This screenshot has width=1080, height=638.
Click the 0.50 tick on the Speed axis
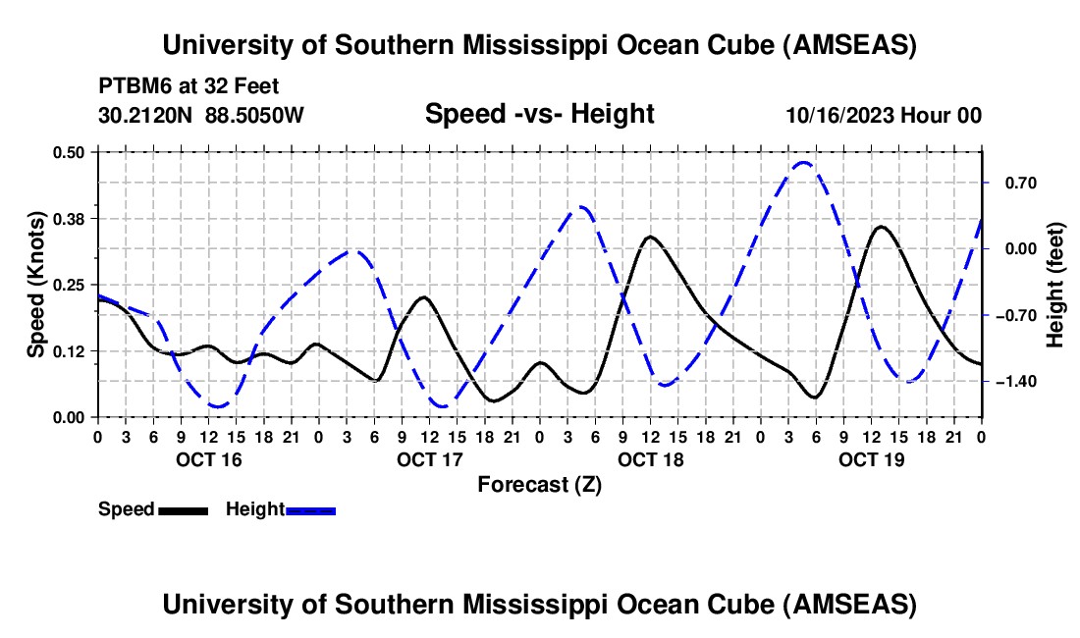click(75, 152)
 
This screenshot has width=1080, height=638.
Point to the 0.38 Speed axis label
click(75, 218)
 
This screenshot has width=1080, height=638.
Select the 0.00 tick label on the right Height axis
click(1010, 249)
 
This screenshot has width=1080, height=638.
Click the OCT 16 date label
click(208, 459)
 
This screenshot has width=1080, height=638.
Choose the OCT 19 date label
click(872, 459)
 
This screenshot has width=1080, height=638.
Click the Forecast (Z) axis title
click(539, 485)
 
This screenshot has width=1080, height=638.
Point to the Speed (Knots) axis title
click(36, 285)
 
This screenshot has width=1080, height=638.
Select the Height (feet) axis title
click(1054, 285)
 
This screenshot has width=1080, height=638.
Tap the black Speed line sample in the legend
click(183, 510)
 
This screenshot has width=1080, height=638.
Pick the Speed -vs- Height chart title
click(539, 115)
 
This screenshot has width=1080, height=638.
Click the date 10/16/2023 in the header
click(840, 116)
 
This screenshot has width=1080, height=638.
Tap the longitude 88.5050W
click(255, 116)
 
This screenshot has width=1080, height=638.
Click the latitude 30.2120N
click(146, 116)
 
